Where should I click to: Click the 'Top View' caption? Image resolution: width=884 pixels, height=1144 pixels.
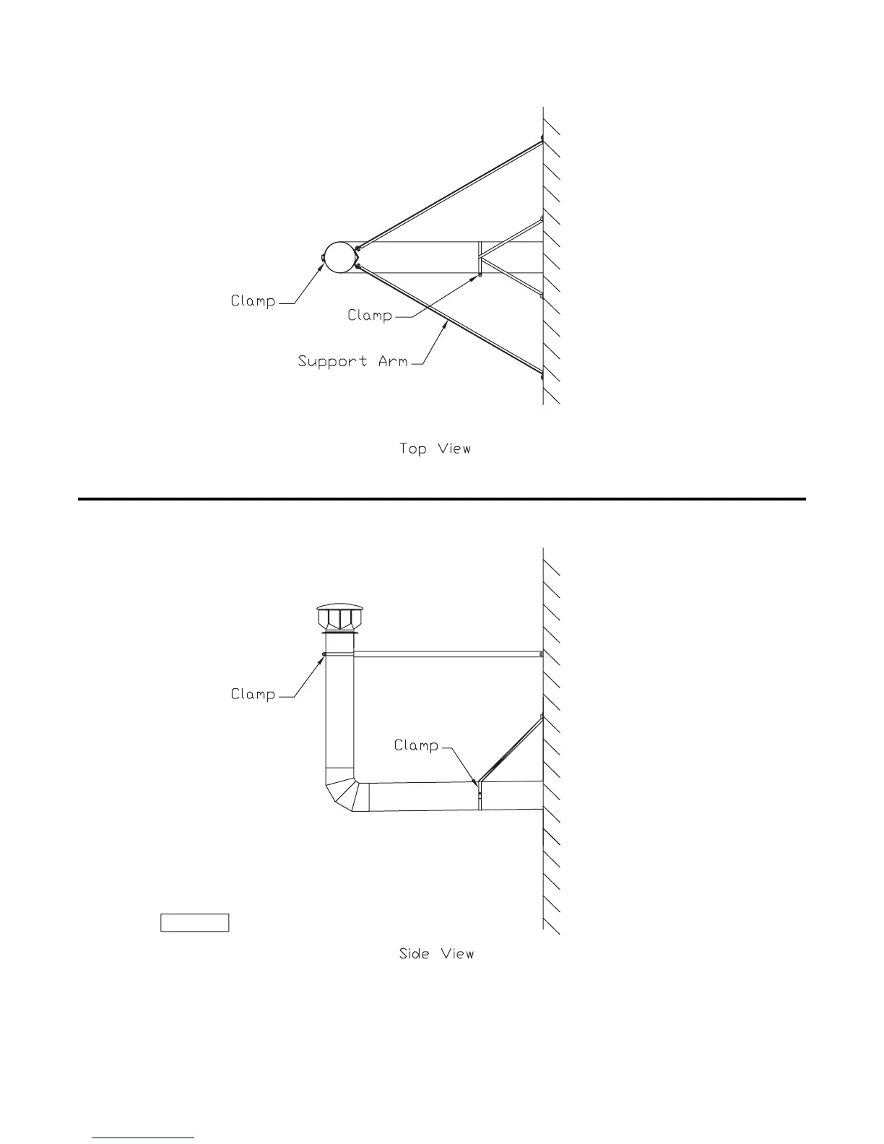pyautogui.click(x=435, y=448)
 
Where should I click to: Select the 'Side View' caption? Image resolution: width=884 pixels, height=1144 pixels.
pyautogui.click(x=436, y=953)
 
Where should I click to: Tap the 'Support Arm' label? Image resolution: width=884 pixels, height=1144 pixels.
pyautogui.click(x=352, y=360)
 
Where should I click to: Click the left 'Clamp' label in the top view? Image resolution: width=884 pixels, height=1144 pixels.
pyautogui.click(x=253, y=300)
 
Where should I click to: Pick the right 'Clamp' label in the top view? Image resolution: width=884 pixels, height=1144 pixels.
pyautogui.click(x=370, y=315)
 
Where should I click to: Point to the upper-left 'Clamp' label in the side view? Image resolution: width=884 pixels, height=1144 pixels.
pyautogui.click(x=253, y=694)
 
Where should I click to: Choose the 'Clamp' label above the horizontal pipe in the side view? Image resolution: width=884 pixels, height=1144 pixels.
pyautogui.click(x=416, y=745)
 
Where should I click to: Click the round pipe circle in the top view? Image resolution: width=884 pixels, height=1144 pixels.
pyautogui.click(x=339, y=257)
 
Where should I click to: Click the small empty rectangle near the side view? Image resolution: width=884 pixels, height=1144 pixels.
pyautogui.click(x=194, y=922)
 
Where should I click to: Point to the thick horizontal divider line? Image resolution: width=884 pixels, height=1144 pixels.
pyautogui.click(x=441, y=498)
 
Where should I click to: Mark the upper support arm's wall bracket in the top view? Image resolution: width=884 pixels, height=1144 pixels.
pyautogui.click(x=542, y=139)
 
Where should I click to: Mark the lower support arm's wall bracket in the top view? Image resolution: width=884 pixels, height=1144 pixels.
pyautogui.click(x=542, y=375)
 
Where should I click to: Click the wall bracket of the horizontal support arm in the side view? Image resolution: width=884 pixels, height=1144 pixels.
pyautogui.click(x=542, y=654)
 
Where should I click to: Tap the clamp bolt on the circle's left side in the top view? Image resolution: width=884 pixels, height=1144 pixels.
pyautogui.click(x=321, y=258)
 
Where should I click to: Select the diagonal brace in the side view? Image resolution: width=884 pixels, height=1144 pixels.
pyautogui.click(x=511, y=749)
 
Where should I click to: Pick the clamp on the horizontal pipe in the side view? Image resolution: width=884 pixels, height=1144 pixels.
pyautogui.click(x=480, y=794)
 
